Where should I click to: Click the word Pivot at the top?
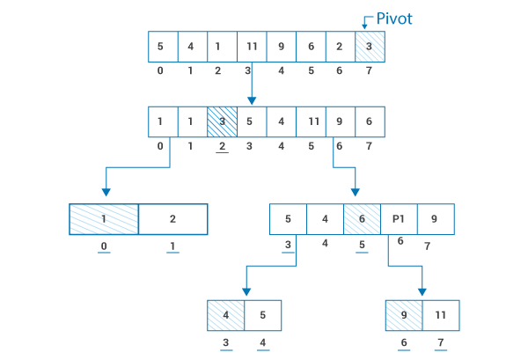click(394, 18)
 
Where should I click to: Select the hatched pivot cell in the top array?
click(370, 47)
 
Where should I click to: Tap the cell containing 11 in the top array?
click(252, 47)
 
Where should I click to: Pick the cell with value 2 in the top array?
click(340, 47)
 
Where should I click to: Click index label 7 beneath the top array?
click(370, 70)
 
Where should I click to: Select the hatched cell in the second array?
click(222, 121)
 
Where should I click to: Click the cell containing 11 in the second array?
click(311, 121)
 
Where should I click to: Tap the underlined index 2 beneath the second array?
click(222, 146)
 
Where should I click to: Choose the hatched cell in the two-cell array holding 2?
click(104, 219)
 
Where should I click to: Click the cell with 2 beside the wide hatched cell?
click(172, 219)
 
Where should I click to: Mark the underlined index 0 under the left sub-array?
click(104, 246)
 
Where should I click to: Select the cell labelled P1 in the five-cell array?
click(399, 219)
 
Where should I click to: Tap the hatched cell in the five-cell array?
click(362, 219)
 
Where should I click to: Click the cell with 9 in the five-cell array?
click(435, 219)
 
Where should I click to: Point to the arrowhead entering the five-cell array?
click(355, 191)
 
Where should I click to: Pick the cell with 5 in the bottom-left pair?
click(263, 315)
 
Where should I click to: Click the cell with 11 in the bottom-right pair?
click(440, 315)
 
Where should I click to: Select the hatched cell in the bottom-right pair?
click(404, 315)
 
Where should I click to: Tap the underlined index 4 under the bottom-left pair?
click(262, 343)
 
